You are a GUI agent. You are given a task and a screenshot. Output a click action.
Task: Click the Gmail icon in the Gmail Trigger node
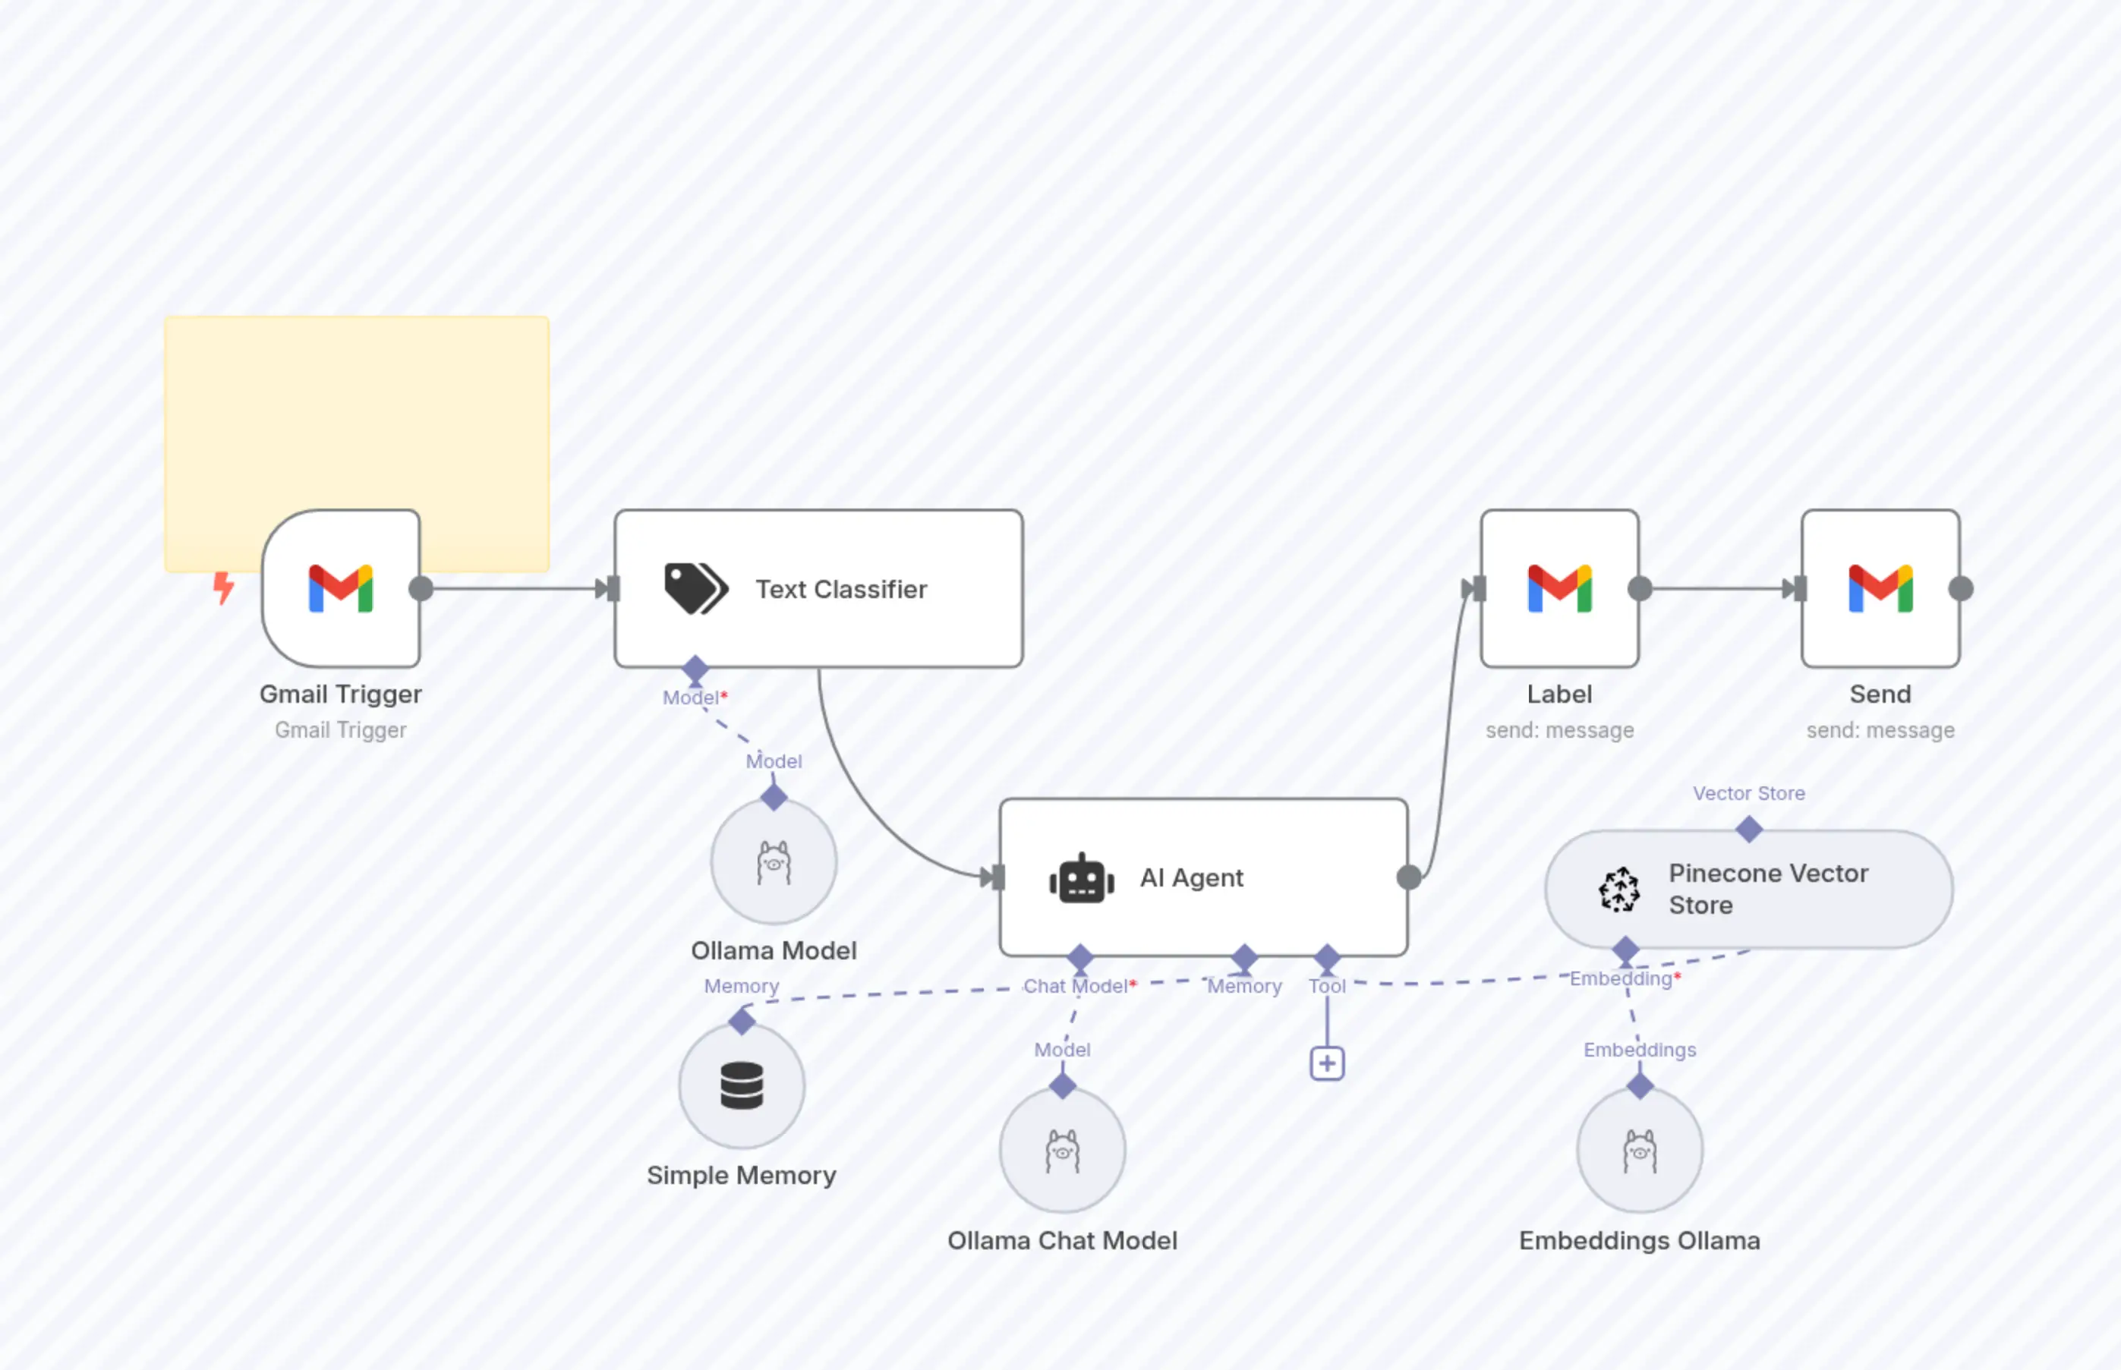pyautogui.click(x=341, y=588)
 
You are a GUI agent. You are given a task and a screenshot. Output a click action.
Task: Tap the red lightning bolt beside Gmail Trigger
pyautogui.click(x=223, y=587)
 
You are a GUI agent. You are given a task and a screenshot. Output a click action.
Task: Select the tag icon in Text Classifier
pyautogui.click(x=695, y=588)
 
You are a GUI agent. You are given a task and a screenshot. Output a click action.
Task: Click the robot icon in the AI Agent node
pyautogui.click(x=1082, y=878)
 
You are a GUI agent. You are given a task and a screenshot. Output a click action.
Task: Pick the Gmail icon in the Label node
pyautogui.click(x=1559, y=588)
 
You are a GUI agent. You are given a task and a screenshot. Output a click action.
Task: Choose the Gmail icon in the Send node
pyautogui.click(x=1880, y=588)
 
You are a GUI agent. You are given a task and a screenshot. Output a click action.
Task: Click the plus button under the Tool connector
pyautogui.click(x=1326, y=1063)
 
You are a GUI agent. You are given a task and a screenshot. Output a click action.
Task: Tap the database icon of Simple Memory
pyautogui.click(x=741, y=1085)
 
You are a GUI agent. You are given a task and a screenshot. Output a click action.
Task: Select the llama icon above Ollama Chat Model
pyautogui.click(x=1062, y=1151)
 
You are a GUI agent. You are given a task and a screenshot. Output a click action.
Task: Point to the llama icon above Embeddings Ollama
pyautogui.click(x=1640, y=1151)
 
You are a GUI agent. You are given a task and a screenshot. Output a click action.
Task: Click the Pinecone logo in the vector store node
pyautogui.click(x=1619, y=890)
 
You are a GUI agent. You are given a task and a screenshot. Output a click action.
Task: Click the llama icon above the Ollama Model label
pyautogui.click(x=773, y=862)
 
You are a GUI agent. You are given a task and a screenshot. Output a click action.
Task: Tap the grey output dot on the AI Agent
pyautogui.click(x=1408, y=878)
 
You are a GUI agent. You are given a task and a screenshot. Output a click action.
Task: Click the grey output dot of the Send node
pyautogui.click(x=1961, y=588)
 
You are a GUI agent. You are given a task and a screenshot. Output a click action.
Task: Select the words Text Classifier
pyautogui.click(x=841, y=589)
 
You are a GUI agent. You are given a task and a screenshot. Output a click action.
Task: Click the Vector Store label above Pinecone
pyautogui.click(x=1748, y=793)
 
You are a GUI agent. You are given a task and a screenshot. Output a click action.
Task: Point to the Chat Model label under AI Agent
pyautogui.click(x=1076, y=986)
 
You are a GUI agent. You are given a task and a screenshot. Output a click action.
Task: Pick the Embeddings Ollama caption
pyautogui.click(x=1639, y=1240)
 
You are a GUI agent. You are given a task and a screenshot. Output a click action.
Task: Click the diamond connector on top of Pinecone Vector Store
pyautogui.click(x=1749, y=830)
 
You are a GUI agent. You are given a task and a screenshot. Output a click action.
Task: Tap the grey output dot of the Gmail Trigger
pyautogui.click(x=421, y=588)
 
